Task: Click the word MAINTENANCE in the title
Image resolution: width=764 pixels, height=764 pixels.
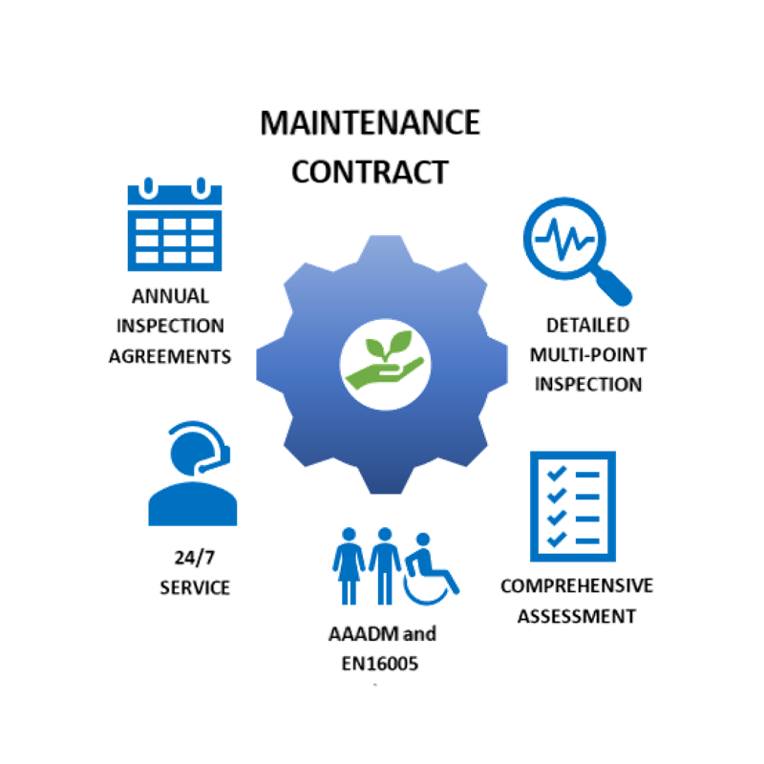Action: pyautogui.click(x=371, y=123)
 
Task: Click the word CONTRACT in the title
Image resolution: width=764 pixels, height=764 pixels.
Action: pyautogui.click(x=370, y=172)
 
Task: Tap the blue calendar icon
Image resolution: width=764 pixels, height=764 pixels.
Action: pyautogui.click(x=175, y=225)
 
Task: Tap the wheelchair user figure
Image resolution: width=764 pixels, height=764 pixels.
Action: pyautogui.click(x=432, y=572)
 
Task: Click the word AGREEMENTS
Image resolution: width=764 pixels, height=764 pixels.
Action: pyautogui.click(x=172, y=356)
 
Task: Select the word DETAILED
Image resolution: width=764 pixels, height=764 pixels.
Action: pyautogui.click(x=587, y=325)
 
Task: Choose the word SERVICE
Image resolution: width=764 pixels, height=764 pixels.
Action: pyautogui.click(x=195, y=586)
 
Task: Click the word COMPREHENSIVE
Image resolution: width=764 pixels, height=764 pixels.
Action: pyautogui.click(x=577, y=585)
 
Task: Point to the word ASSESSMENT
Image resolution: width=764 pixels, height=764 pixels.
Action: pyautogui.click(x=576, y=616)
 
